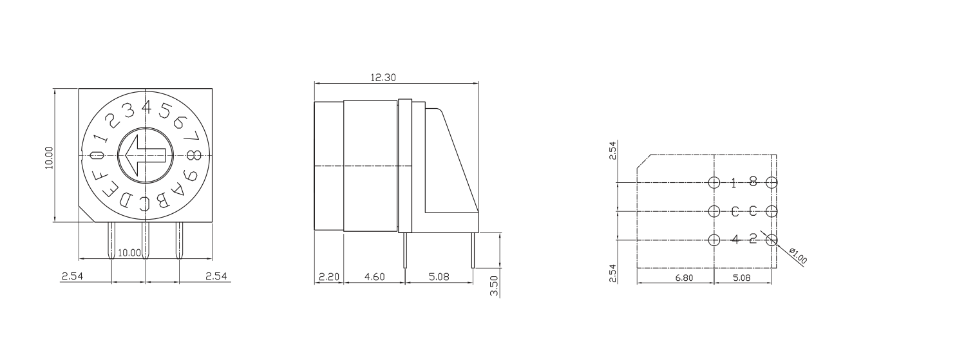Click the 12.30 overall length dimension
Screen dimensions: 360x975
coord(383,77)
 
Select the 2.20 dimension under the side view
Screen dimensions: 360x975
coord(328,277)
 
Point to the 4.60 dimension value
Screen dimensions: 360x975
coord(374,277)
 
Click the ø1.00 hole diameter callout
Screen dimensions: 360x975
coord(797,256)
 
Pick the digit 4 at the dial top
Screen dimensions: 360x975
coord(146,105)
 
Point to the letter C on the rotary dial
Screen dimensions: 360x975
coord(145,204)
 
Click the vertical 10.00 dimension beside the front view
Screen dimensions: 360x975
coord(50,156)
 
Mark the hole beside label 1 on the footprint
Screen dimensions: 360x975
coord(714,182)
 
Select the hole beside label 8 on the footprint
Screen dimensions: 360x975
coord(771,182)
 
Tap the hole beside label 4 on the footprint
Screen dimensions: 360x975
coord(714,240)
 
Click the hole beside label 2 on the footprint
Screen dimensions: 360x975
coord(771,240)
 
